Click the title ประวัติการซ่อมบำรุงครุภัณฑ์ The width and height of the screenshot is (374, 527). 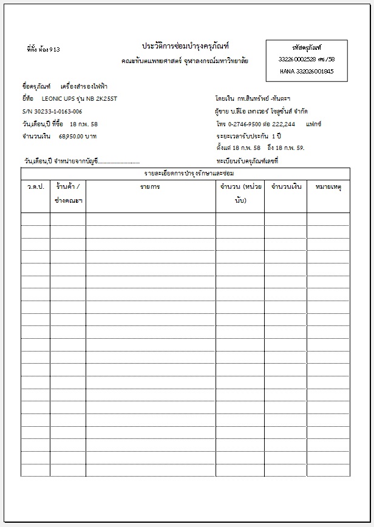(185, 46)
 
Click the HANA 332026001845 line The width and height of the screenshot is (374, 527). (307, 71)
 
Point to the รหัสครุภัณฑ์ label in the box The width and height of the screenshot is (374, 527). (307, 47)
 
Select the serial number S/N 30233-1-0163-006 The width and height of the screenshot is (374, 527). (52, 111)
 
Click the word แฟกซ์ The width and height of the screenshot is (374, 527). (314, 124)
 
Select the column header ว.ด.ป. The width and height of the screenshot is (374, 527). (36, 187)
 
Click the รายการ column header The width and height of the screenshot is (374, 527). (150, 187)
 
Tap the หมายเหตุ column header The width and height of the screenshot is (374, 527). (328, 187)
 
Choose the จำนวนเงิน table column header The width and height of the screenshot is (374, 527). (286, 187)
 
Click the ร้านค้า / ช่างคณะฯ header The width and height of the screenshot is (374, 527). (68, 193)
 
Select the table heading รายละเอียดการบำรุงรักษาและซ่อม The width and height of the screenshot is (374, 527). (185, 174)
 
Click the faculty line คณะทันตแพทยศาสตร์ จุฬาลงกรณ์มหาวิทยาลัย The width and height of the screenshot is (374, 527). (185, 61)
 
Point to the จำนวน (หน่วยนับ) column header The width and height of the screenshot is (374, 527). (240, 193)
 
